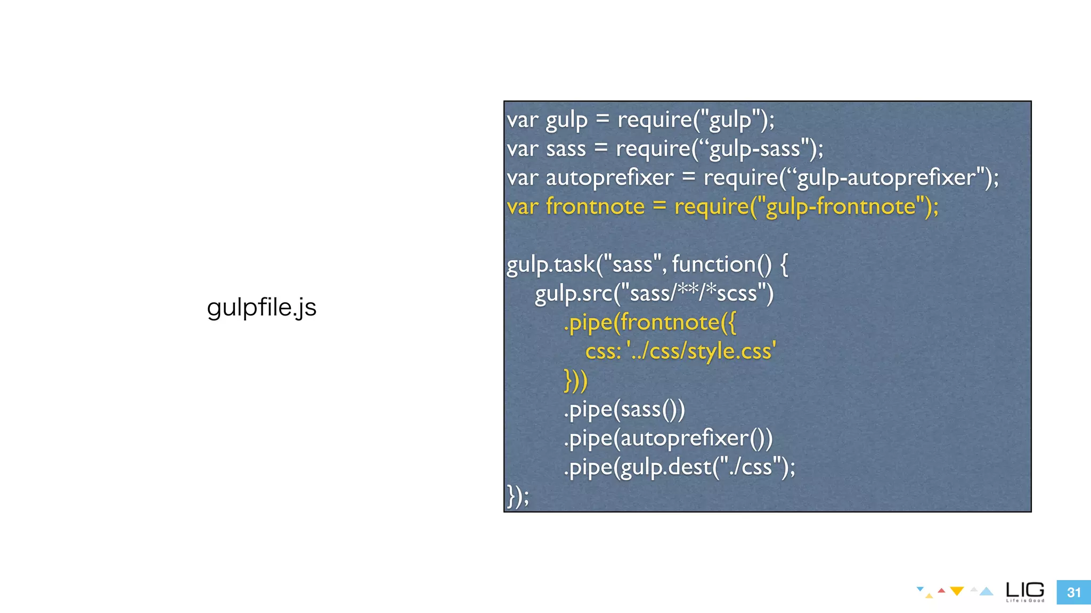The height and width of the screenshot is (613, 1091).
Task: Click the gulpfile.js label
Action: [262, 308]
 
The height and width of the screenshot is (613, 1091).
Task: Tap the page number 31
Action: [1073, 592]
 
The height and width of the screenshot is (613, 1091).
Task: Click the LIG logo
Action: [1025, 591]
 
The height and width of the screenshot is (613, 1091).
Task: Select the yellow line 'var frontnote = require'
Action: [722, 206]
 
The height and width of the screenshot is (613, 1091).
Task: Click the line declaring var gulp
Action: [640, 120]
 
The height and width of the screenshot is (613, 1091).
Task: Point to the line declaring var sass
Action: [665, 148]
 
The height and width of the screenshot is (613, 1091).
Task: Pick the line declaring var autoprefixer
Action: [752, 178]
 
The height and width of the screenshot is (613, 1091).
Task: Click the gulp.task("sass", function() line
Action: [647, 264]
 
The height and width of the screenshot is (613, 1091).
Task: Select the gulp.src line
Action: [654, 293]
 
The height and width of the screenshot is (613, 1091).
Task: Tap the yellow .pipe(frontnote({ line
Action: [650, 322]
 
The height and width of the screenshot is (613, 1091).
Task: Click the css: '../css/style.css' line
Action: [680, 351]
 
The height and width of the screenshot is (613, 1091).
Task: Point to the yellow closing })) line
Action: [575, 380]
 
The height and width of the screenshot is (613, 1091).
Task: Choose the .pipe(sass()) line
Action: [624, 409]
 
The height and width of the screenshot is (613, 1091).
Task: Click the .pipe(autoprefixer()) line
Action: [668, 438]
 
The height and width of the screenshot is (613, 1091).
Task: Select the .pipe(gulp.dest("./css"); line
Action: [679, 467]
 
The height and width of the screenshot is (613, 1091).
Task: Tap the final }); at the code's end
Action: [518, 496]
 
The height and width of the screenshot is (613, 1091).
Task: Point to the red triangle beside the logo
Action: [941, 590]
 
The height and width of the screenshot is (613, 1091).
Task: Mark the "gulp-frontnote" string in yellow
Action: [840, 206]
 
